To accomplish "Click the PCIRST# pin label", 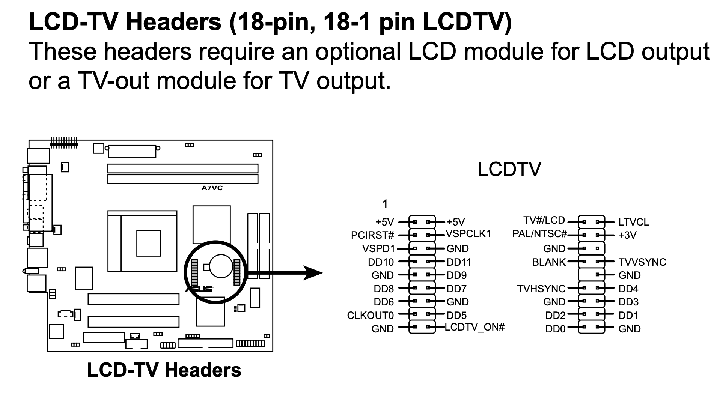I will [x=372, y=235].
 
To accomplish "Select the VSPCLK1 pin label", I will [x=468, y=234].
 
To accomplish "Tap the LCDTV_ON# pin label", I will [x=474, y=327].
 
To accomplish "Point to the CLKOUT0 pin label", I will [x=370, y=316].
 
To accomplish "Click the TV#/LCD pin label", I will [x=544, y=220].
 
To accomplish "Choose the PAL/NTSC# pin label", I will [x=539, y=234].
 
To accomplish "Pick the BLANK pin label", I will [x=548, y=262].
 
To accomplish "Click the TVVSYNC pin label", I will [x=642, y=262].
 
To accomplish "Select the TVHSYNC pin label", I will [x=541, y=289].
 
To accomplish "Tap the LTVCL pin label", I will [x=633, y=222].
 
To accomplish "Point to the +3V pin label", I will [x=627, y=235].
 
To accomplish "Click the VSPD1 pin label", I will [x=378, y=248].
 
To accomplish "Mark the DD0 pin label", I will [x=555, y=329].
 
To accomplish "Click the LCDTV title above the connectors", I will [x=509, y=169].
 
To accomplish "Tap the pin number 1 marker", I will [x=385, y=204].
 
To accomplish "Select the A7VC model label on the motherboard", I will [x=212, y=188].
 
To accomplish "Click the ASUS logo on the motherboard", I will [x=199, y=289].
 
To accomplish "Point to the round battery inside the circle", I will [x=221, y=266].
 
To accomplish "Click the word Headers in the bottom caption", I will [x=203, y=370].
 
